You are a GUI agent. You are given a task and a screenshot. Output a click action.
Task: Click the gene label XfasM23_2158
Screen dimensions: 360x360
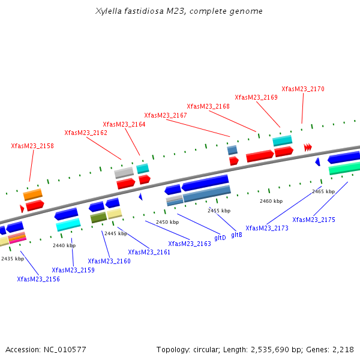click(32, 146)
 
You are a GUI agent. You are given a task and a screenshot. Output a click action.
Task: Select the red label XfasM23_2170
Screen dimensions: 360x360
click(303, 89)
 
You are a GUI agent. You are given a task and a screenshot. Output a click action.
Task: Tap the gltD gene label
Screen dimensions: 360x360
click(220, 238)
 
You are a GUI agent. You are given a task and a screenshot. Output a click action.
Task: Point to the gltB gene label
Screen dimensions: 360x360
click(236, 235)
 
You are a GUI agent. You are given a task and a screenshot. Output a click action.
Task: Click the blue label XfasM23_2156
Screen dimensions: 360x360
click(38, 279)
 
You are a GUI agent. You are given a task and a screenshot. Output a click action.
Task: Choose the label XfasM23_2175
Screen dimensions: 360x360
click(314, 220)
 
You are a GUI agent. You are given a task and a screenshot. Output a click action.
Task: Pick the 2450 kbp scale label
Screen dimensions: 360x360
click(167, 222)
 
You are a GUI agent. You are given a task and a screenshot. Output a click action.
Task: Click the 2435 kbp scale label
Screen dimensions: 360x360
click(13, 259)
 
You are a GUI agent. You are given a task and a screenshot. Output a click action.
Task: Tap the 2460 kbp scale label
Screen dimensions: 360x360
click(271, 201)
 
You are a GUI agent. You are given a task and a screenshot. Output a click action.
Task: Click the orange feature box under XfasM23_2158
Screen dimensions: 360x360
click(32, 194)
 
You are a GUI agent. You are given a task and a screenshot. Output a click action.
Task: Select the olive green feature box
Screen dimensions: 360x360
click(98, 217)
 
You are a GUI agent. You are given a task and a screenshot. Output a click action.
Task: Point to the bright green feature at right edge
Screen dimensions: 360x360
click(344, 168)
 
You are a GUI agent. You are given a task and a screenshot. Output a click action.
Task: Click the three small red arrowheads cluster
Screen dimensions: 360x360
click(308, 148)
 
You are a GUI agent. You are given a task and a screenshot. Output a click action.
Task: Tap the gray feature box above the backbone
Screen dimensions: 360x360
click(124, 173)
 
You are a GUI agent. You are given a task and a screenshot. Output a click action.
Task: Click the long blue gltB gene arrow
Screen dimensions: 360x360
click(205, 183)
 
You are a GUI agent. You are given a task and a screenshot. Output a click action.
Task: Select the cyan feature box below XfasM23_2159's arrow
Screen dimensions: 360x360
click(68, 224)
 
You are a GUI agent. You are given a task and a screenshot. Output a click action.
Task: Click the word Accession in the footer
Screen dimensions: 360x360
click(23, 349)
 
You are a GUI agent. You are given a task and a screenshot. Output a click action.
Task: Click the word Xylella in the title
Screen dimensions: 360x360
click(109, 11)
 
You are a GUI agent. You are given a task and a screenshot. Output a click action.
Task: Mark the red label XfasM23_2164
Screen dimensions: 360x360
click(124, 124)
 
